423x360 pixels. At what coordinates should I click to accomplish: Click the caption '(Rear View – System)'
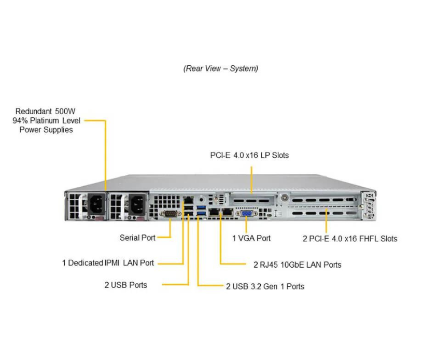pos(220,68)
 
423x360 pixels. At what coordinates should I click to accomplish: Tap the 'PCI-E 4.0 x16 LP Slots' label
pos(249,155)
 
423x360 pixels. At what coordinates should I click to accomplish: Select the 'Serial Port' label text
pos(137,238)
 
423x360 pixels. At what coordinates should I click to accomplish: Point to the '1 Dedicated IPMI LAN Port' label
pos(108,263)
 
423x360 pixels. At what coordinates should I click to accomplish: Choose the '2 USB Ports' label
pos(125,285)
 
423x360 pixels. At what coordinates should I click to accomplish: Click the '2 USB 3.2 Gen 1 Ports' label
pos(265,286)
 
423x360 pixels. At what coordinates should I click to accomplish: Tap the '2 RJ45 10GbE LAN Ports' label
pos(297,265)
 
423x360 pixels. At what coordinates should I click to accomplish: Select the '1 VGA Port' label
pos(251,238)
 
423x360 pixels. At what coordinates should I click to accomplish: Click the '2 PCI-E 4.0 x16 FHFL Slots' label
pos(350,239)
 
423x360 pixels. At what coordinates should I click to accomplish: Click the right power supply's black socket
pos(135,206)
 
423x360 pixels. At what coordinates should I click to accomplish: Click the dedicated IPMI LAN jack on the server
pos(189,200)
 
